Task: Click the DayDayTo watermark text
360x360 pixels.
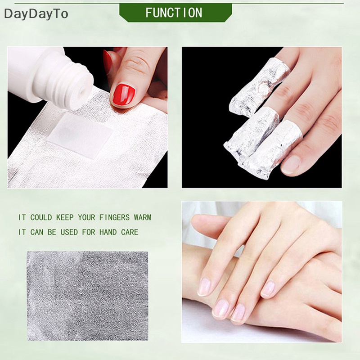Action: tap(36, 14)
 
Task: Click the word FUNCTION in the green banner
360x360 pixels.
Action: tap(173, 13)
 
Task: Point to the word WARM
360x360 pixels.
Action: tap(142, 217)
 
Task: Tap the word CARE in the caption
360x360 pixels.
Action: tap(129, 232)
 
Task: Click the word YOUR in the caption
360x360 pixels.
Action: tap(86, 217)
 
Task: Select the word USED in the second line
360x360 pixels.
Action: tap(70, 232)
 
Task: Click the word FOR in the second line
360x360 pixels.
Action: tap(90, 232)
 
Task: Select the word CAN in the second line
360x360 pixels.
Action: tap(38, 232)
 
